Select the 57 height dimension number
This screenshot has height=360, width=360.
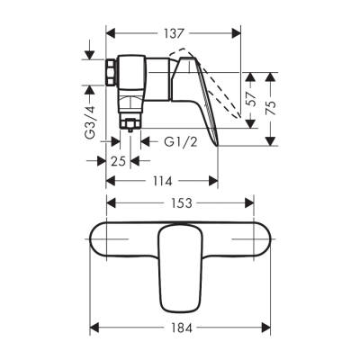click(x=252, y=94)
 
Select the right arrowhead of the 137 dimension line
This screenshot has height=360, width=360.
click(x=241, y=31)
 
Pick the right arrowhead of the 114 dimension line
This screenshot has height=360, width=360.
click(x=216, y=182)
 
